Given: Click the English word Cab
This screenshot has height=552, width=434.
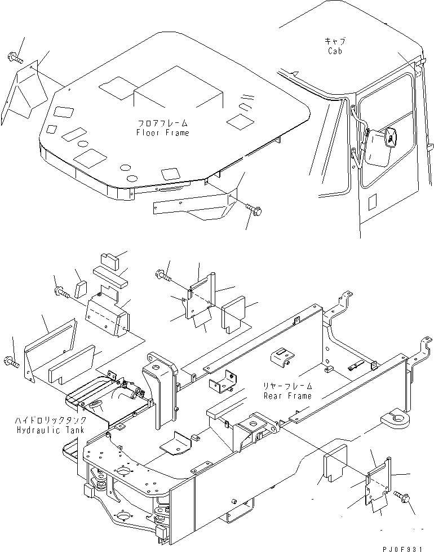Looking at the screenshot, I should (335, 51).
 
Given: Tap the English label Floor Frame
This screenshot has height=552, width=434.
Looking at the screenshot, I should (162, 133).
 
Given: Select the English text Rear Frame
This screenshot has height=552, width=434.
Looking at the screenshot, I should (287, 396).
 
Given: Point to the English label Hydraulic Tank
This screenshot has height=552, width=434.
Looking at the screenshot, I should (51, 430).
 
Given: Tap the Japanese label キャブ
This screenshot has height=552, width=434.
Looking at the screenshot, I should (335, 42).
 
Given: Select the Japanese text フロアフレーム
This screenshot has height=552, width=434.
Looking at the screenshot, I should (162, 123).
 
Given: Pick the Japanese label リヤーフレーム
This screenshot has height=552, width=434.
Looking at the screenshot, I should (287, 387).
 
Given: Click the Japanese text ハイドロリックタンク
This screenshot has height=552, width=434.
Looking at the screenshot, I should (51, 421).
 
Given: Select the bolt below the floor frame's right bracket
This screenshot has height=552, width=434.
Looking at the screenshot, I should (252, 210).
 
